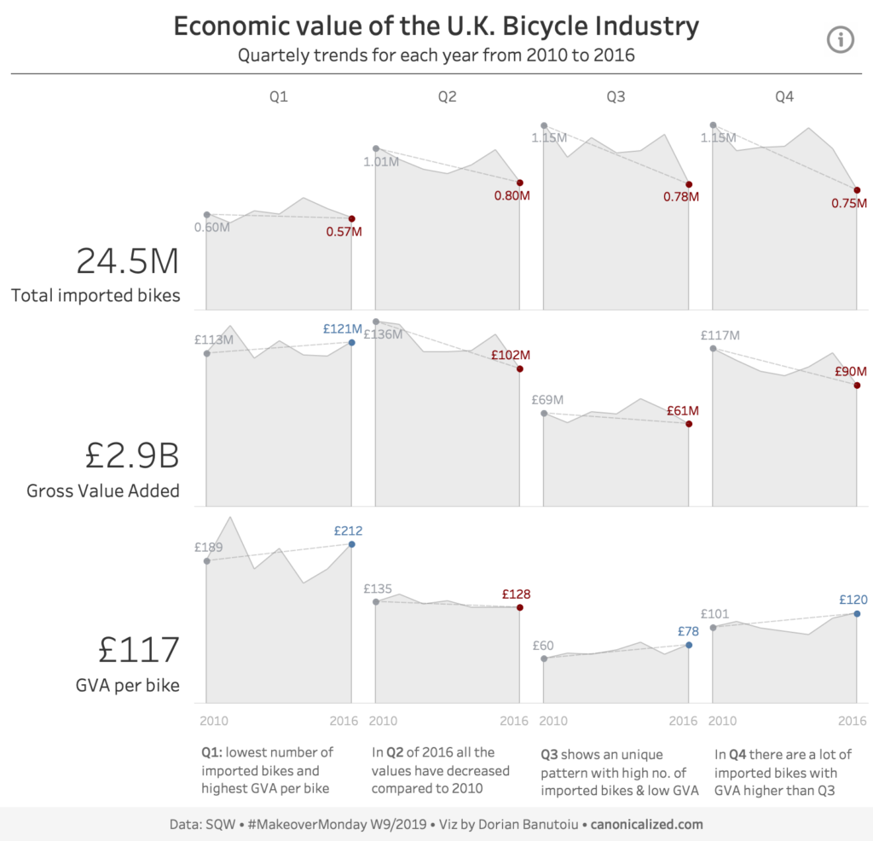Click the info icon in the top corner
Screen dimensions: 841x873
point(841,38)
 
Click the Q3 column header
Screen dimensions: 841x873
point(616,97)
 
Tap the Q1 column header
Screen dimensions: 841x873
point(279,97)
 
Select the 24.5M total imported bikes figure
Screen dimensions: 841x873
point(128,261)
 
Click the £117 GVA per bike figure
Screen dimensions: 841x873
point(139,650)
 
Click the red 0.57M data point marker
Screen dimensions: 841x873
point(352,219)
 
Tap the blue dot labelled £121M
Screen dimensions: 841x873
point(352,342)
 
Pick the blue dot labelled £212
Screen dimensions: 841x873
point(352,544)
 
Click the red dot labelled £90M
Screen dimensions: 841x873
point(857,385)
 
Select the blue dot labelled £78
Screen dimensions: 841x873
point(689,645)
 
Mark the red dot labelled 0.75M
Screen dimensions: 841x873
point(857,190)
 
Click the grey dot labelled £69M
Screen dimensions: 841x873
point(544,414)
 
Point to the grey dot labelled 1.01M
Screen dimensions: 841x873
point(376,148)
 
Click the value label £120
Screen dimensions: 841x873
point(853,599)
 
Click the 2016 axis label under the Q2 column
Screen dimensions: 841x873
point(514,721)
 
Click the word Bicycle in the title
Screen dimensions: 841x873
point(551,26)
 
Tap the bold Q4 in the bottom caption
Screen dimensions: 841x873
point(739,754)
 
